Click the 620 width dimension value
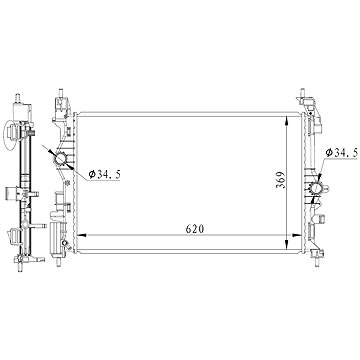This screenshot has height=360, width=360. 195,229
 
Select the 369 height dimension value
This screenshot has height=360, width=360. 281,180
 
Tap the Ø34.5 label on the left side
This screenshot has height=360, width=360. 104,174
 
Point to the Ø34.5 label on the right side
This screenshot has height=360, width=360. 342,153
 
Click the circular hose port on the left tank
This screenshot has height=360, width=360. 61,159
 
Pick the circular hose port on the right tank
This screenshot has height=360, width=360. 316,189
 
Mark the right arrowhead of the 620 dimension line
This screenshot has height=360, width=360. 297,235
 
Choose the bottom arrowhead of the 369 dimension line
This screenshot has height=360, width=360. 287,244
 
